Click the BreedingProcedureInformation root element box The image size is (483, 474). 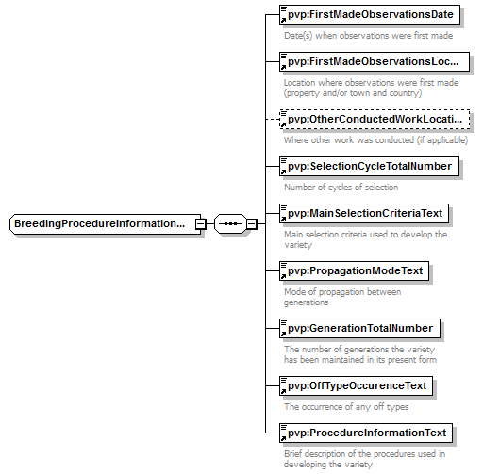(106, 224)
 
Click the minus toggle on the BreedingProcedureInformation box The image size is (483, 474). (201, 224)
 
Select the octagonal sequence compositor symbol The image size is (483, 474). (230, 224)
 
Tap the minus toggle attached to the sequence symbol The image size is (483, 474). (252, 224)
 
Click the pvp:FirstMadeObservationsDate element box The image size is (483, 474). (370, 14)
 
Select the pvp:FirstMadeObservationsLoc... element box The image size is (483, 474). (375, 61)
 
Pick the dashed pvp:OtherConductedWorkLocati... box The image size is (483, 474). (375, 119)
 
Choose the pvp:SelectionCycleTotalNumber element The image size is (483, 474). (369, 166)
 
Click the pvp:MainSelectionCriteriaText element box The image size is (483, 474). (364, 213)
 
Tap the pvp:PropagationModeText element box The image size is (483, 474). (354, 270)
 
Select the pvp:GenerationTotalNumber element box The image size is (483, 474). (359, 328)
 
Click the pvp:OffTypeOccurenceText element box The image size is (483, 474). (356, 385)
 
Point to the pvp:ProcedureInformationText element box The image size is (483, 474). (366, 433)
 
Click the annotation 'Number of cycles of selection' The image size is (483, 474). (341, 188)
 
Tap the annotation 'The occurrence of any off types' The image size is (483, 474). (346, 407)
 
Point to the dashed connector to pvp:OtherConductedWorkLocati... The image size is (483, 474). (273, 120)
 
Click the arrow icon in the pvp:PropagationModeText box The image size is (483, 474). (283, 276)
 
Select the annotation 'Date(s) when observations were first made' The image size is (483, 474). (369, 36)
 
